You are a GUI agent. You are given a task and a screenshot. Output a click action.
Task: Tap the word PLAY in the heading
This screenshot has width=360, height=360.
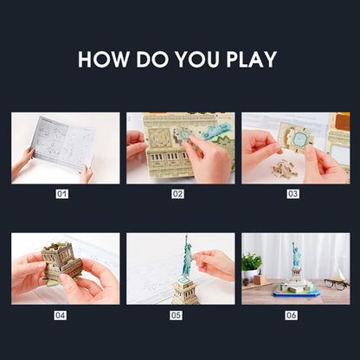(252, 60)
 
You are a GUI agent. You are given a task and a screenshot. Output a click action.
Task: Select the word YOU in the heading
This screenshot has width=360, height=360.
(197, 60)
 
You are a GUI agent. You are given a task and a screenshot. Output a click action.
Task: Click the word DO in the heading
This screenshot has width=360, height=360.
(152, 60)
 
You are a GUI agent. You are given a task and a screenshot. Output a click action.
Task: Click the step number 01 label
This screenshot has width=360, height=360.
(62, 194)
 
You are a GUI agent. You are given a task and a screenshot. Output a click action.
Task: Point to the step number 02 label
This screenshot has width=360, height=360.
(177, 194)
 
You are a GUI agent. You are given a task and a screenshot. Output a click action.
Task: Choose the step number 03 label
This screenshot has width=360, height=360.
(292, 194)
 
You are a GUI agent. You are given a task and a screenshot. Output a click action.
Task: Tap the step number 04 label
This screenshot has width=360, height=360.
(60, 315)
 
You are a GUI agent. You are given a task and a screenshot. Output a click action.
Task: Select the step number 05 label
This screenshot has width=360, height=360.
(176, 315)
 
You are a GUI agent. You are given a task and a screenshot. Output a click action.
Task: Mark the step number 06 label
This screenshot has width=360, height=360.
(292, 315)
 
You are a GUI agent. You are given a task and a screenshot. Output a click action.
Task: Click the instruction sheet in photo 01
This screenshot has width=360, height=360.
(63, 144)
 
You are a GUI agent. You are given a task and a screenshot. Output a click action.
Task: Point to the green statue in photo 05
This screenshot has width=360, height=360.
(188, 257)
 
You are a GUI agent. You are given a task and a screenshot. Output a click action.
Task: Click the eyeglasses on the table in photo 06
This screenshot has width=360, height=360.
(336, 284)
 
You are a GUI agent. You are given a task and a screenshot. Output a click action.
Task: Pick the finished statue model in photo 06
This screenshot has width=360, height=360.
(296, 274)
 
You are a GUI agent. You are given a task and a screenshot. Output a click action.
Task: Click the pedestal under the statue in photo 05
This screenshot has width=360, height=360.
(185, 291)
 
